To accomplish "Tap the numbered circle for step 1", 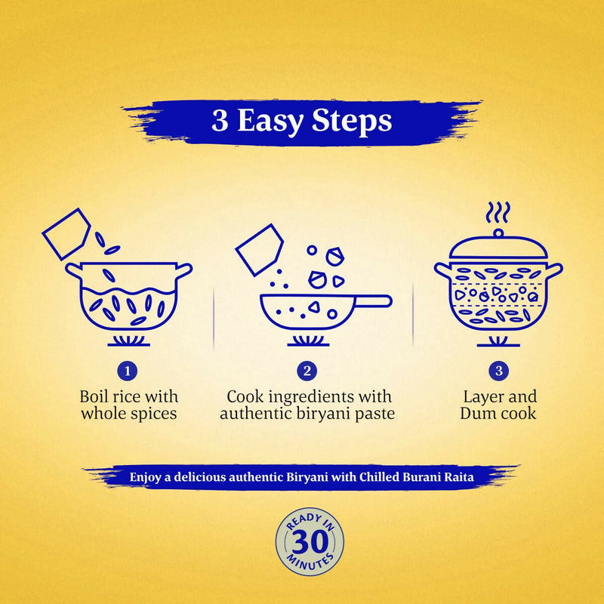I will pos(128,371).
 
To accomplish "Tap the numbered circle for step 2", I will pos(307,371).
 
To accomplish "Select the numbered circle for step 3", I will pos(498,371).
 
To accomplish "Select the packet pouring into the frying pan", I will pos(259,249).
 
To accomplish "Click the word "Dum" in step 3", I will pos(477,414).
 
